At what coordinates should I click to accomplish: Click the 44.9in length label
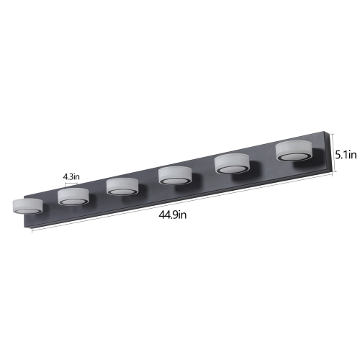[x=173, y=215]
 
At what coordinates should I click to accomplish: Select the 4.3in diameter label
[x=71, y=176]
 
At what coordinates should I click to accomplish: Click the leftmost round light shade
[x=25, y=204]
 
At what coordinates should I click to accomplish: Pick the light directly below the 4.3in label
[x=72, y=195]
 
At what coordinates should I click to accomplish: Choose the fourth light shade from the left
[x=174, y=174]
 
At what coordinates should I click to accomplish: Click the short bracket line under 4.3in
[x=71, y=184]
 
